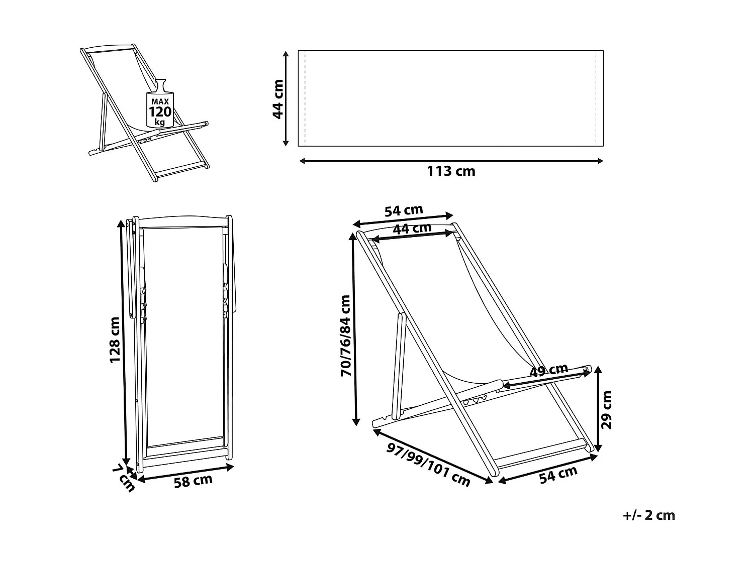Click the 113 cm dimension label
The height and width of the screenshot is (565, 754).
coord(451,171)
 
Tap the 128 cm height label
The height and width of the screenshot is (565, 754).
coord(115,340)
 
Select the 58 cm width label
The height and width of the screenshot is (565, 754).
coord(193,481)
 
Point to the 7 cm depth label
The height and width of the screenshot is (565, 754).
coord(124,478)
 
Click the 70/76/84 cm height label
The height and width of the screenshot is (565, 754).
coord(345,335)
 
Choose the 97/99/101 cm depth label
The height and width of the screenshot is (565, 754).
coord(428,465)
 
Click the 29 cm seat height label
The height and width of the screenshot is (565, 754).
coord(607,410)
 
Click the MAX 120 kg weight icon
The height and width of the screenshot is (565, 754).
coord(160,104)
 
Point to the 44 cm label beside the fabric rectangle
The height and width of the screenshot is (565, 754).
coord(278,99)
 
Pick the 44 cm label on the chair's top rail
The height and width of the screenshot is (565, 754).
coord(412,229)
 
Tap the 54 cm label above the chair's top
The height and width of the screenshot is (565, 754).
coord(404,210)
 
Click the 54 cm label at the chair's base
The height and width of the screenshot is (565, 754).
coord(558,475)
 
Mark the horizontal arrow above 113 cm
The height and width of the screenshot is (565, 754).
coord(451,161)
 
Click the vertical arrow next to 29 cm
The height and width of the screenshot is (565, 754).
coord(598,409)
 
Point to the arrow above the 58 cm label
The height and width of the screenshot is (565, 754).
coord(185,473)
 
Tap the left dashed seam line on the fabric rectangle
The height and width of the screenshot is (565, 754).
coord(305,98)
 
